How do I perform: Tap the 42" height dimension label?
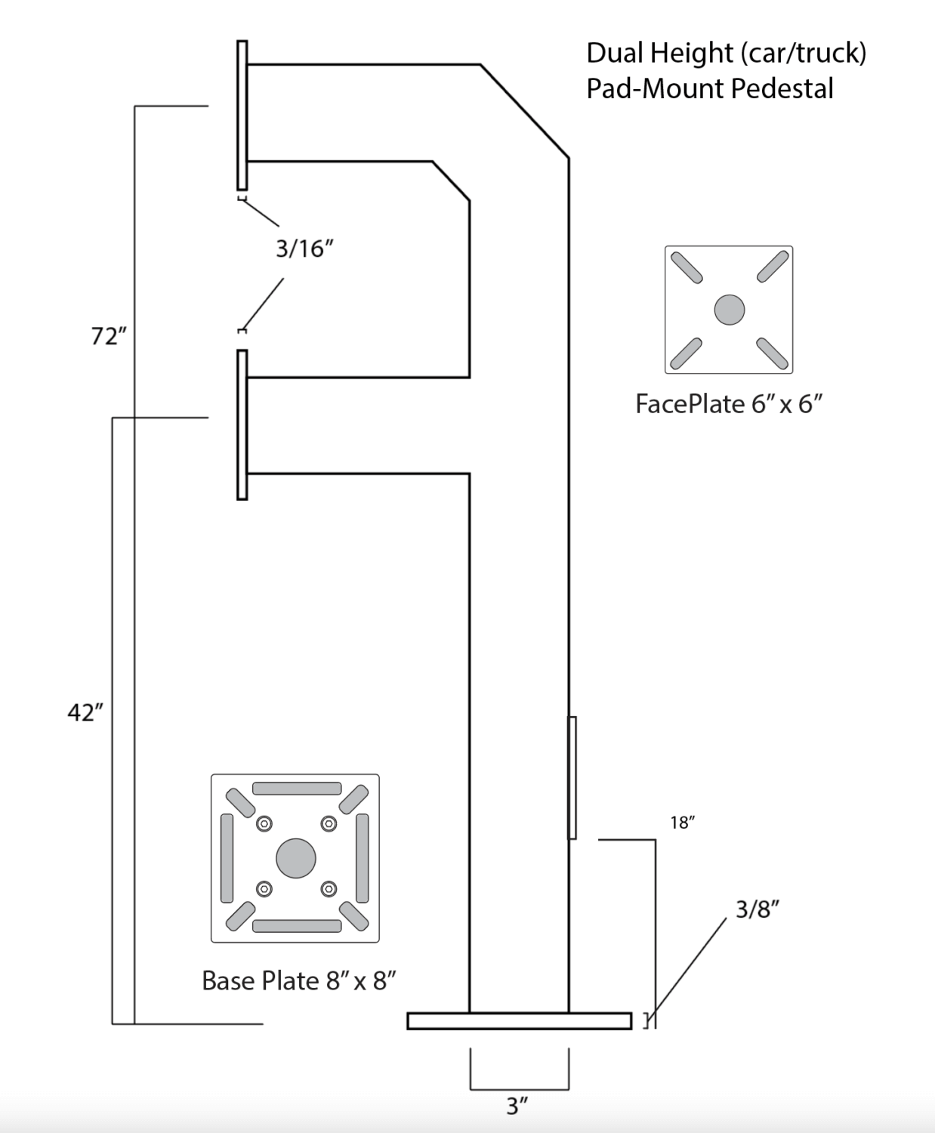tap(85, 712)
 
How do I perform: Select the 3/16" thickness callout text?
tap(304, 249)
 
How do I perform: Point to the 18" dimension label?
tap(682, 823)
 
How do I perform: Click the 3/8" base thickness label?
tap(757, 909)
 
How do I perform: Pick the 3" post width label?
tap(517, 1107)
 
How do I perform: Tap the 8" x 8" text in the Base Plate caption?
tap(361, 980)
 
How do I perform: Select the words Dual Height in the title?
tap(659, 53)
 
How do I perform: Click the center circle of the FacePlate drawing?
tap(729, 310)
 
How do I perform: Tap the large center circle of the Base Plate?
tap(295, 858)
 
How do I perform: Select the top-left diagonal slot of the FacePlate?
tap(687, 267)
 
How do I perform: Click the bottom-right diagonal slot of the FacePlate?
tap(772, 353)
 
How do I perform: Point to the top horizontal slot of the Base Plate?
tap(296, 789)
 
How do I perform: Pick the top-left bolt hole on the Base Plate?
tap(264, 823)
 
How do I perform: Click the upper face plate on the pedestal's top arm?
tap(242, 115)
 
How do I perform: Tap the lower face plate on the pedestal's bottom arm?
tap(242, 424)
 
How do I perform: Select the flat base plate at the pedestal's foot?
tap(519, 1021)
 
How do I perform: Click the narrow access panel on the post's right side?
tap(572, 778)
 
